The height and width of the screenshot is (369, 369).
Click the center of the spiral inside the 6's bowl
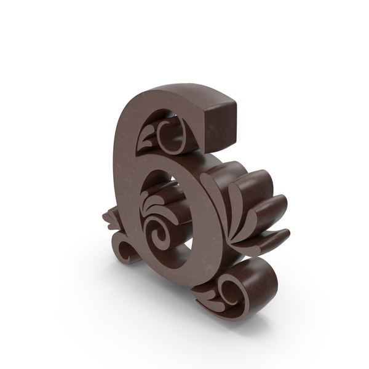click(158, 234)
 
